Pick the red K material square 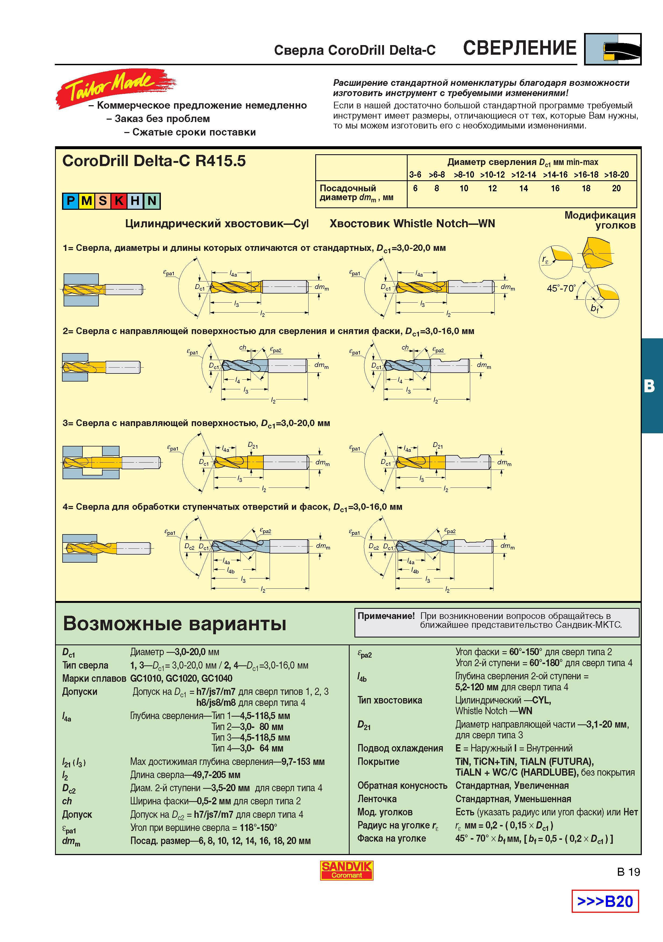tap(119, 201)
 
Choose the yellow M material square tap(87, 201)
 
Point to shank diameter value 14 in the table tap(523, 188)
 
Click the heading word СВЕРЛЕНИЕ tap(520, 48)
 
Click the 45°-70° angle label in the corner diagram tap(561, 288)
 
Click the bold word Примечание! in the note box tap(386, 616)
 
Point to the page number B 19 tap(629, 871)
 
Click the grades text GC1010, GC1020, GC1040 tap(181, 679)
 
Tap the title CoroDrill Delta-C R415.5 tap(154, 161)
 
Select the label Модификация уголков tap(600, 220)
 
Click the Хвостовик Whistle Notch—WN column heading tap(412, 223)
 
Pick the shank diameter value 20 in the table tap(616, 188)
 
